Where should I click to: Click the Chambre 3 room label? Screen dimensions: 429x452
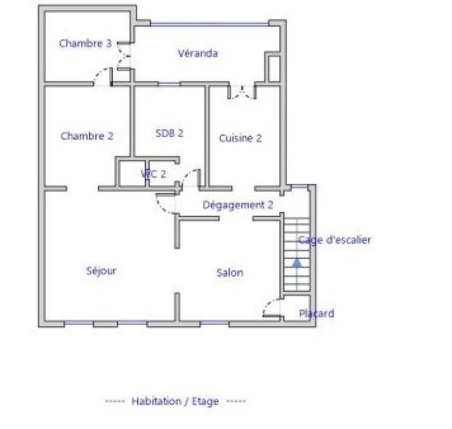[x=85, y=43]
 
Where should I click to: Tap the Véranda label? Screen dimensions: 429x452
[x=198, y=54]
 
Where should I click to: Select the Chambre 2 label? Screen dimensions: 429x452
[x=87, y=136]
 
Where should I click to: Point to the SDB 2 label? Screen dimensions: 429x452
[x=169, y=133]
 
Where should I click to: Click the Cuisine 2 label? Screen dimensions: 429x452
[x=241, y=138]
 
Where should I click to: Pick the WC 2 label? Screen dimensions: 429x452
[x=154, y=174]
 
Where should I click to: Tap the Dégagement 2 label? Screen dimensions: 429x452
[x=238, y=205]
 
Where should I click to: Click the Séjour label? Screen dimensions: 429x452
[x=102, y=270]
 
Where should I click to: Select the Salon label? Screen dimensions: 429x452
[x=230, y=272]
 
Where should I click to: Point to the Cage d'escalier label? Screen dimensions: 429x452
[x=334, y=240]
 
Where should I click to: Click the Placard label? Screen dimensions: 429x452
[x=316, y=313]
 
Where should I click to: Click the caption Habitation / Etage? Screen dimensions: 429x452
[x=175, y=401]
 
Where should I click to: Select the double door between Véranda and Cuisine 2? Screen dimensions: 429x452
[x=242, y=92]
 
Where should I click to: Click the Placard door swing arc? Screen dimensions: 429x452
[x=271, y=306]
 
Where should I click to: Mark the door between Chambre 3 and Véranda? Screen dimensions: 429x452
[x=124, y=57]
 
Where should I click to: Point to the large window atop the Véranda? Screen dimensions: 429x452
[x=209, y=24]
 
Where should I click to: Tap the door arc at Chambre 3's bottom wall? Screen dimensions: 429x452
[x=103, y=76]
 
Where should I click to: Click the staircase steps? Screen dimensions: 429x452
[x=297, y=249]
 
